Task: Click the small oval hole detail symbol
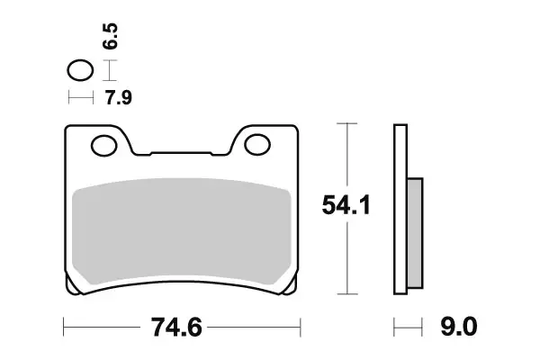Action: click(80, 69)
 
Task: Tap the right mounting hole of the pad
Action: click(258, 143)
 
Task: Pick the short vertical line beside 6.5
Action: click(109, 70)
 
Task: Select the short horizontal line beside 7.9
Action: click(80, 96)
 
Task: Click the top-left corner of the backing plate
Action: click(68, 128)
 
